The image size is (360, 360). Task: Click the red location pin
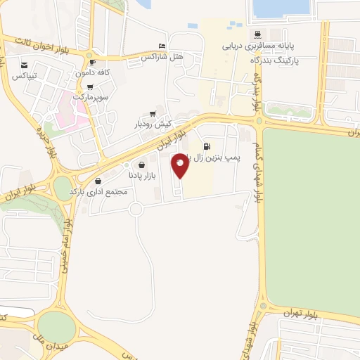[181, 165]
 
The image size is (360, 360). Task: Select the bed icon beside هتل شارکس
[163, 45]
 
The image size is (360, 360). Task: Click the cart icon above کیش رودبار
[153, 114]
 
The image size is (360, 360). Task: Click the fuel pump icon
[205, 148]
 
